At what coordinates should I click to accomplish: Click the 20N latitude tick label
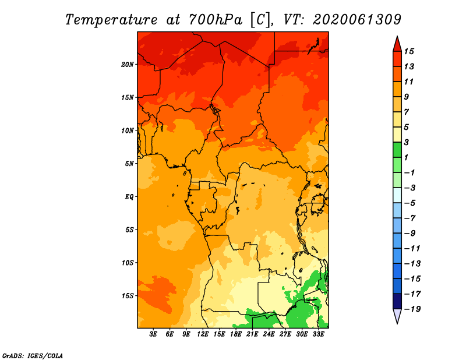coord(127,64)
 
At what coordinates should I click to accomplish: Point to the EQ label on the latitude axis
coord(129,197)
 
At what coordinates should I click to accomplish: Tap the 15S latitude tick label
coord(127,296)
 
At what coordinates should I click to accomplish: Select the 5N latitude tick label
coord(129,164)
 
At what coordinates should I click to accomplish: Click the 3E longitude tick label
coord(153,334)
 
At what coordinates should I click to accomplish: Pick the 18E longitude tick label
coord(236,334)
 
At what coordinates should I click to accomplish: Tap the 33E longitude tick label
coord(318,334)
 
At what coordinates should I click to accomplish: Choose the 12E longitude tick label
coord(203,334)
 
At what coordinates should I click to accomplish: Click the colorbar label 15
coord(409,51)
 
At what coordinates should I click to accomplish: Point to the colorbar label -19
coord(412,309)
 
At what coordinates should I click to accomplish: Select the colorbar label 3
coord(406,142)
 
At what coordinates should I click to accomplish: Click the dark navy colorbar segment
coord(397,301)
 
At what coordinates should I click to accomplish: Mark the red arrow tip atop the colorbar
coord(397,36)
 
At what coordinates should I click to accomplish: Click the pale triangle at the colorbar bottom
coord(397,316)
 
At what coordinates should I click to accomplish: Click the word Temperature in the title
coord(111,20)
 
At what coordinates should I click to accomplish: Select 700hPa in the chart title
coord(215,20)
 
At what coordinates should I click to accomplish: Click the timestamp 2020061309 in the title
coord(357,20)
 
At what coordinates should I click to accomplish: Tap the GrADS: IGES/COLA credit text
coord(33,355)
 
